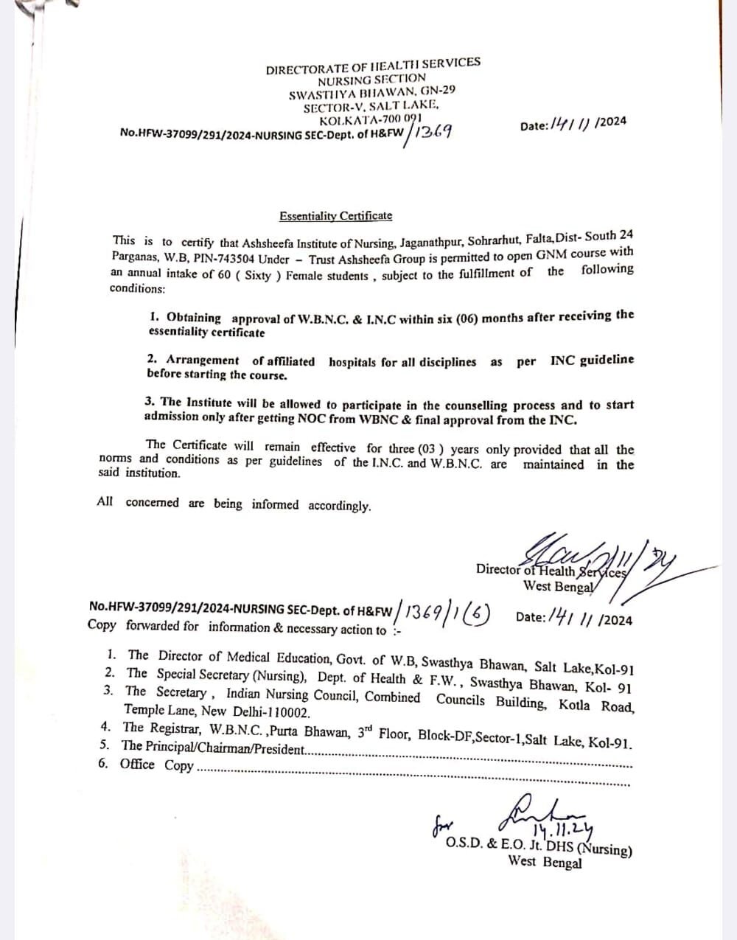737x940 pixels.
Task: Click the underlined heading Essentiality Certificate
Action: pyautogui.click(x=335, y=216)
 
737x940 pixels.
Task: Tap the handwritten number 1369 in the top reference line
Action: pyautogui.click(x=433, y=132)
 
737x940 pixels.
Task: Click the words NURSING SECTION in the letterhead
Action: pyautogui.click(x=371, y=79)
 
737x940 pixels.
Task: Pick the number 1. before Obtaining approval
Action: pyautogui.click(x=154, y=317)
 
